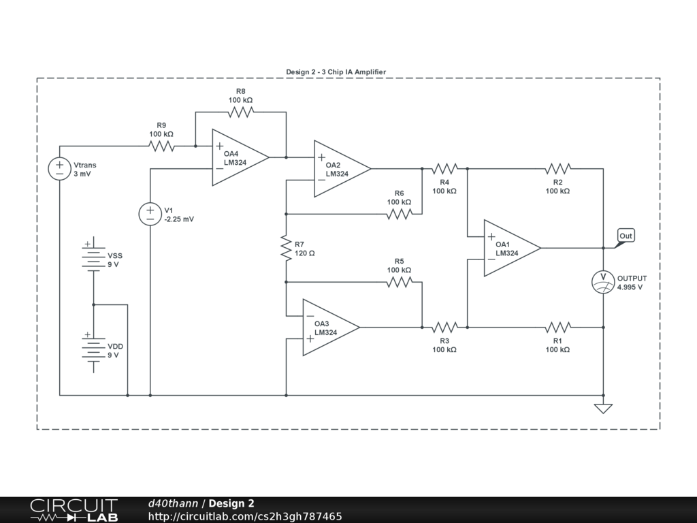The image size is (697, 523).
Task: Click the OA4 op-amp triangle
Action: [x=238, y=158]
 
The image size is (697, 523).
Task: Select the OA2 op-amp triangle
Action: [x=340, y=169]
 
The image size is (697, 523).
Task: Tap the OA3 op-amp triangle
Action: [x=329, y=328]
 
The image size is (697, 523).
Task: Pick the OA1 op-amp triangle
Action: [x=510, y=249]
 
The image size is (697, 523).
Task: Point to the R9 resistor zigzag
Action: [x=161, y=146]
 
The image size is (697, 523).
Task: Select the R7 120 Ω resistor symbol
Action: [x=286, y=248]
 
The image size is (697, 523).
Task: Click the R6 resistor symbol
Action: [x=399, y=214]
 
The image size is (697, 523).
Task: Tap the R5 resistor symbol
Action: [x=399, y=282]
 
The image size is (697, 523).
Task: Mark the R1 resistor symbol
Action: [x=557, y=328]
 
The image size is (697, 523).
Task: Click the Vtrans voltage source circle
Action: [x=59, y=169]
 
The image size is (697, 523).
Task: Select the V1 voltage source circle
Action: [x=150, y=215]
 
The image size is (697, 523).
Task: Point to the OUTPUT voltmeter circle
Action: [x=603, y=283]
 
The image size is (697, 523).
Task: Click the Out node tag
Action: [x=626, y=236]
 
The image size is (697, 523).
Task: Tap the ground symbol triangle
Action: [x=603, y=409]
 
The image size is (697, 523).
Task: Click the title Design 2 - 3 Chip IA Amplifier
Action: [x=336, y=72]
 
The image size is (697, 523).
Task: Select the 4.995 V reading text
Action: [x=630, y=287]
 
